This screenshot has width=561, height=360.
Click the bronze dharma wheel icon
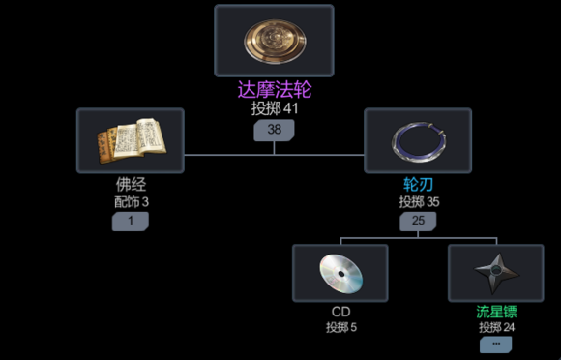[274, 41]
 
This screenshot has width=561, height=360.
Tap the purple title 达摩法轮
[275, 90]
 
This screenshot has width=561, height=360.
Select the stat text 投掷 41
[275, 109]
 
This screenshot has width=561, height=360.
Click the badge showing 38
[274, 130]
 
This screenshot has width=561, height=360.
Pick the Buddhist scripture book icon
[131, 140]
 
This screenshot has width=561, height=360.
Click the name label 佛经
[131, 184]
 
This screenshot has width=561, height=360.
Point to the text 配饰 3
[131, 202]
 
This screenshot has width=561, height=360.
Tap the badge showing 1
[131, 222]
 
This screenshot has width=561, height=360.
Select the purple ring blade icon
[418, 140]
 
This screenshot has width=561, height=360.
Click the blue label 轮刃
[418, 184]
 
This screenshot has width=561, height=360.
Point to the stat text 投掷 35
[418, 202]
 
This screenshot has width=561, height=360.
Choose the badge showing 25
[418, 222]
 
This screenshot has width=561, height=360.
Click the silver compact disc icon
[340, 272]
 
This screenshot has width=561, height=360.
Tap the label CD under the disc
[340, 312]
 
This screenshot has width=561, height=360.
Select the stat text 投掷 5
[340, 328]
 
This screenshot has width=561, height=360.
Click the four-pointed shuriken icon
[496, 272]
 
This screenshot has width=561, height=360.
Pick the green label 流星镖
[496, 312]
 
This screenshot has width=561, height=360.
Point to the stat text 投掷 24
[496, 328]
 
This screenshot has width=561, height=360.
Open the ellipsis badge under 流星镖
[496, 345]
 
